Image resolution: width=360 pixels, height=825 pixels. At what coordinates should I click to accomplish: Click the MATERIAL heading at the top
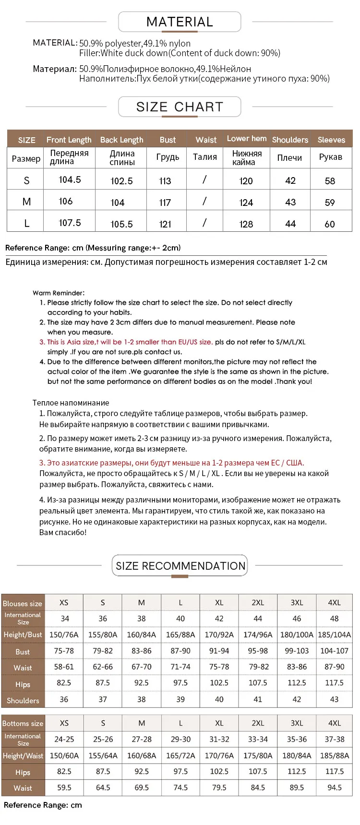point(180,22)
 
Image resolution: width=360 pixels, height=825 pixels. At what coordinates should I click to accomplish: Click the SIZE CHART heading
point(180,107)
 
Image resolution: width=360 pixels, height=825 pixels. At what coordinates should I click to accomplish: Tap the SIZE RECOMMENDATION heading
point(180,566)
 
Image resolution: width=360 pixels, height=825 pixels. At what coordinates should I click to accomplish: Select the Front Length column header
point(69,140)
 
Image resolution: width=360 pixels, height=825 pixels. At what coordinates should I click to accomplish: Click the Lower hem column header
point(247,139)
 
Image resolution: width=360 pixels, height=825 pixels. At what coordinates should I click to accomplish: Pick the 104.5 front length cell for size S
point(70,180)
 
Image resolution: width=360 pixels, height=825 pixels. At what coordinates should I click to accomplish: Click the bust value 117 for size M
point(165,203)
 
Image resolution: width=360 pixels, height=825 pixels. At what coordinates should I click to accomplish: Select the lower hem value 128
point(246,224)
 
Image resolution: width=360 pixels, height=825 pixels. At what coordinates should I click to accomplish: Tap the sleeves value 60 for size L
point(330,224)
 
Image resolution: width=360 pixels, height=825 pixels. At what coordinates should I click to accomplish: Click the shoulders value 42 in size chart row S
point(290,180)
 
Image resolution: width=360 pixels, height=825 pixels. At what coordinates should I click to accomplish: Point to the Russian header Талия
point(205,157)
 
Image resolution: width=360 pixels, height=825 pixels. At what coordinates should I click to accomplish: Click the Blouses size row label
point(23,603)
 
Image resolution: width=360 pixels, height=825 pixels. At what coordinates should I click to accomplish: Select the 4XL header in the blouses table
point(334,603)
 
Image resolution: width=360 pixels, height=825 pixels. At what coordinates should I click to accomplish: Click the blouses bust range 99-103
point(297,651)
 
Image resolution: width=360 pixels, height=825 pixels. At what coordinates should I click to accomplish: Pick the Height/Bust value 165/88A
point(180,634)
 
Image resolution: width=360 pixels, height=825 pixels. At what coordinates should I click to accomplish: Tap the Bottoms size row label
point(23,723)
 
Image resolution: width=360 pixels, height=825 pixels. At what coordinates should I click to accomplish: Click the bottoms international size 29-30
point(180,739)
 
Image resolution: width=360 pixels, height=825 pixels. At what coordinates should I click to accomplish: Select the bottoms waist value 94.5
point(334,788)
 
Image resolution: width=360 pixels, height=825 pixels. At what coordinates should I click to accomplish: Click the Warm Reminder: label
point(59,293)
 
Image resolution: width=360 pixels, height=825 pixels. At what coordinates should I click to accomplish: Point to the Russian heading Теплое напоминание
point(71,403)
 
